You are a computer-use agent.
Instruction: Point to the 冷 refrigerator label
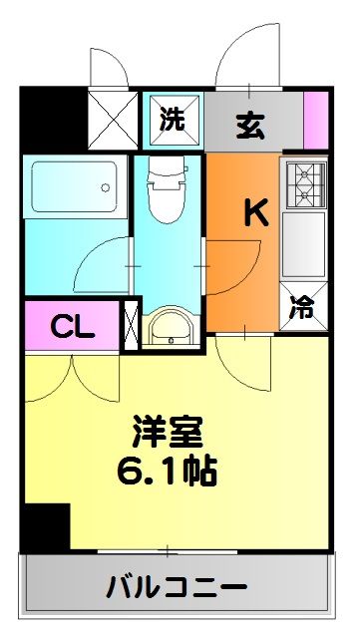coord(302,308)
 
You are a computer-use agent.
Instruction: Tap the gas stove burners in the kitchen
coord(303,178)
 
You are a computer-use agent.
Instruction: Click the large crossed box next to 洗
coord(114,119)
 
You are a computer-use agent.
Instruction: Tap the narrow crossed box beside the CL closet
coord(130,326)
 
